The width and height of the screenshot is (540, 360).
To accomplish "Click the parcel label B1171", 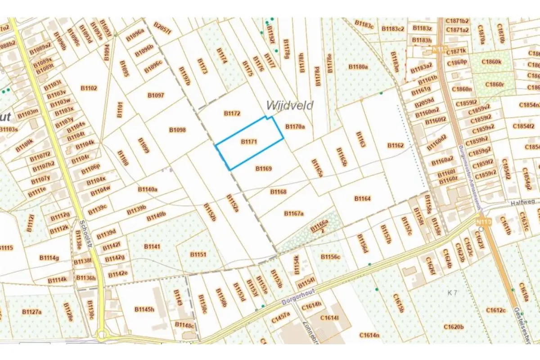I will pos(248,141).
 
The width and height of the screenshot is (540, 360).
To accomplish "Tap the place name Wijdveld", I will pos(289,105).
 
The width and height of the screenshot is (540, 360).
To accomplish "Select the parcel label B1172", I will pos(232,113).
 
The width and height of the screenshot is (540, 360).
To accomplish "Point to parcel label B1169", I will pos(264,169).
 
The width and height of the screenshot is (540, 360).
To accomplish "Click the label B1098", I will pos(177,130).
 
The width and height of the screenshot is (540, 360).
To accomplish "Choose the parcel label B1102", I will pos(89,88).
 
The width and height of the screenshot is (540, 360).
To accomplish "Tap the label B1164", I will pos(362,198).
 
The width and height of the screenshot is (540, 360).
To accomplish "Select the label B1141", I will pos(152,247).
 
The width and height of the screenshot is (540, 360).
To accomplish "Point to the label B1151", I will pos(198,255).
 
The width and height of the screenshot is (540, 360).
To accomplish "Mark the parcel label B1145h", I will pos(144,309).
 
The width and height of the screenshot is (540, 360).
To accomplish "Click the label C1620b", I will pos(453,327).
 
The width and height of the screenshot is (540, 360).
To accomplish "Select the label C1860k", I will pos(491,62).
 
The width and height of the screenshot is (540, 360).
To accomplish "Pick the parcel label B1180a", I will pos(358,67).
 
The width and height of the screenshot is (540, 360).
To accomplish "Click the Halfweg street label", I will pos(524,203).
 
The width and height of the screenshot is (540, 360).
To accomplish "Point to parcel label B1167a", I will pos(294,213).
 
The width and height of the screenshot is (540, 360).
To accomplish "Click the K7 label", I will pos(452,293).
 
